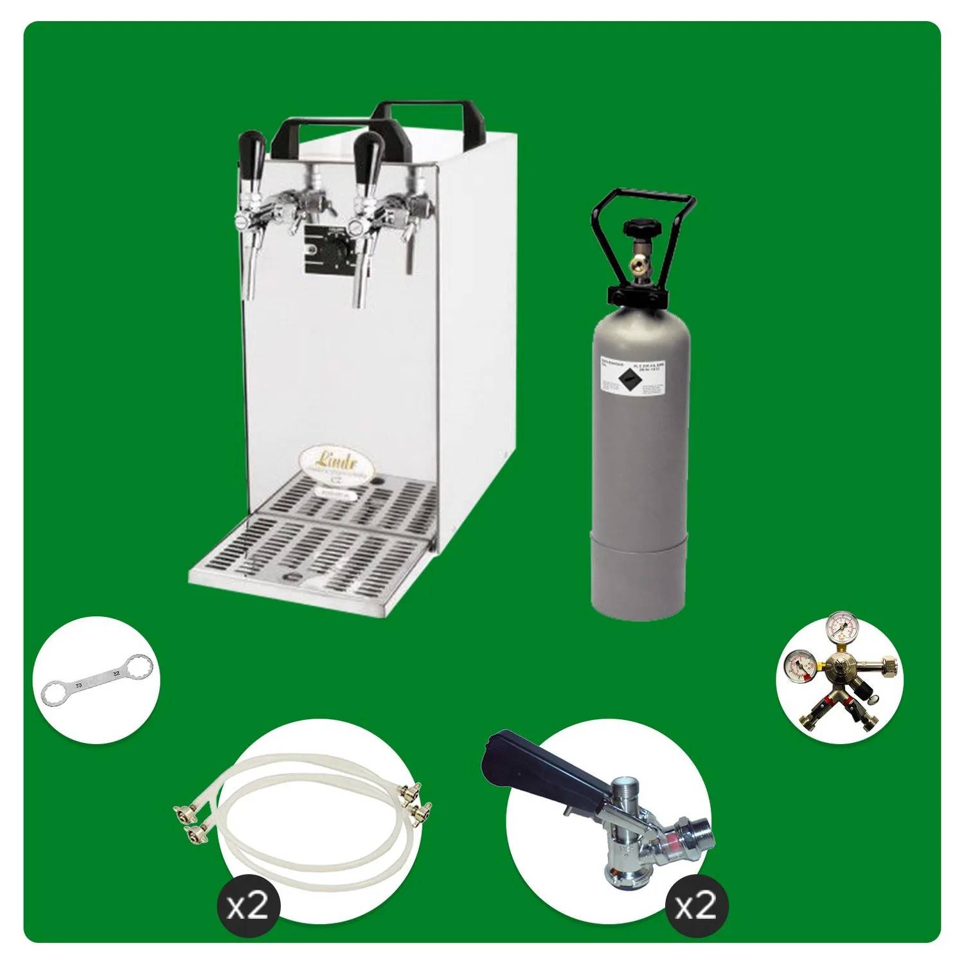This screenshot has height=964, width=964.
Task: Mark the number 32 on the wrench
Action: click(116, 673)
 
